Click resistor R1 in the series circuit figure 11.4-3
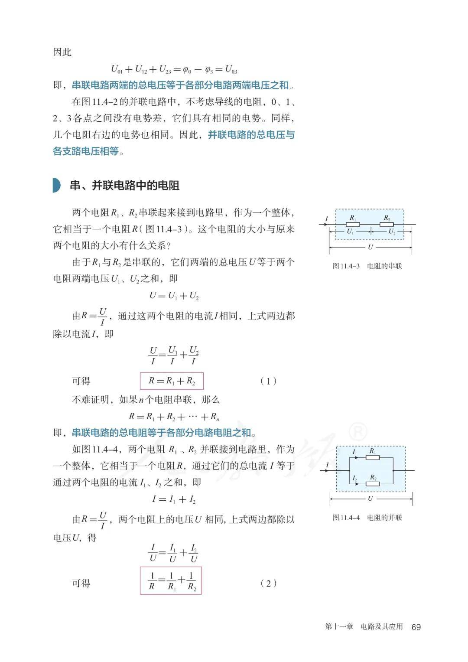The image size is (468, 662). [353, 224]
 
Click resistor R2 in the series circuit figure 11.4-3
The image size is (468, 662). [387, 224]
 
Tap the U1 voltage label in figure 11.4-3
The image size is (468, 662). [351, 232]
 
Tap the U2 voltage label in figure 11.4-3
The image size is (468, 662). [392, 232]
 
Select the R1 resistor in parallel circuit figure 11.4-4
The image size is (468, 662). [373, 457]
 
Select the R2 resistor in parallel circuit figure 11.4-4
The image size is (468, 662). [373, 483]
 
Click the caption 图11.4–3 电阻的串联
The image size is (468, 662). [367, 266]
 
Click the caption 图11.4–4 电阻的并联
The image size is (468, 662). [367, 517]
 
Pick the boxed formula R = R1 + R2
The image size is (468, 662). [172, 381]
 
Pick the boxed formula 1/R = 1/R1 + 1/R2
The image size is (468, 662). [171, 581]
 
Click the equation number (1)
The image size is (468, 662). [268, 381]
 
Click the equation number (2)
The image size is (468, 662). [268, 583]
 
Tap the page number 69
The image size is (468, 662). [416, 627]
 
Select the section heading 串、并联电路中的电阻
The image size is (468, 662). [125, 186]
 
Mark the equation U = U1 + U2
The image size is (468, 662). [174, 296]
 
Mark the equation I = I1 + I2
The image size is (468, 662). [174, 499]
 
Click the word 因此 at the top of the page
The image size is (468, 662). [62, 52]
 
